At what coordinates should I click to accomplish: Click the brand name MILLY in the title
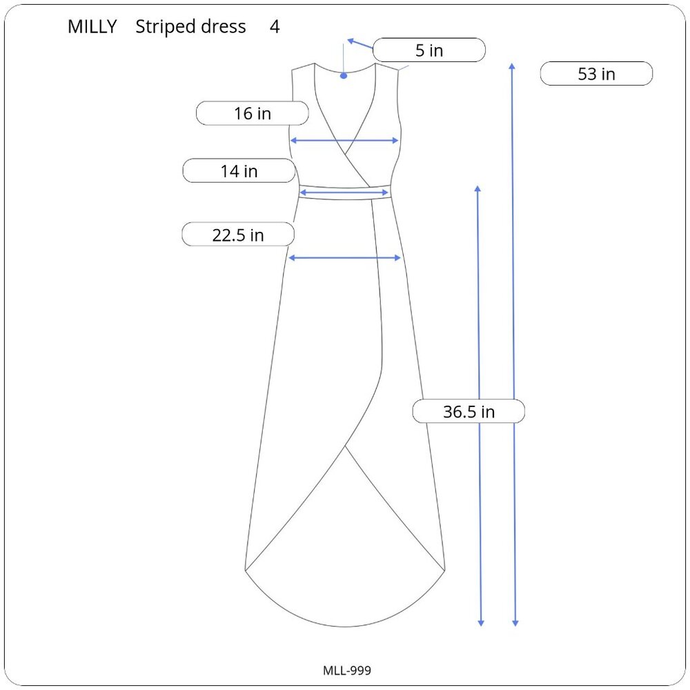point(92,27)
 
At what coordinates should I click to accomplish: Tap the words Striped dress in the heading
point(190,27)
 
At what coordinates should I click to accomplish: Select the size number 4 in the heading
point(275,27)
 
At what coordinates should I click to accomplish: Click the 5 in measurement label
point(429,50)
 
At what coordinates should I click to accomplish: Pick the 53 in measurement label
point(596,74)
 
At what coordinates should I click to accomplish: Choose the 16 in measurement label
point(252,114)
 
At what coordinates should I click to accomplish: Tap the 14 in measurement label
point(239,170)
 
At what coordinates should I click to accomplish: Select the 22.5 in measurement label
point(238,235)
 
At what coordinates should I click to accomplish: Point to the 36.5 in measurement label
point(469,411)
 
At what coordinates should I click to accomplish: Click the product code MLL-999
point(347,670)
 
